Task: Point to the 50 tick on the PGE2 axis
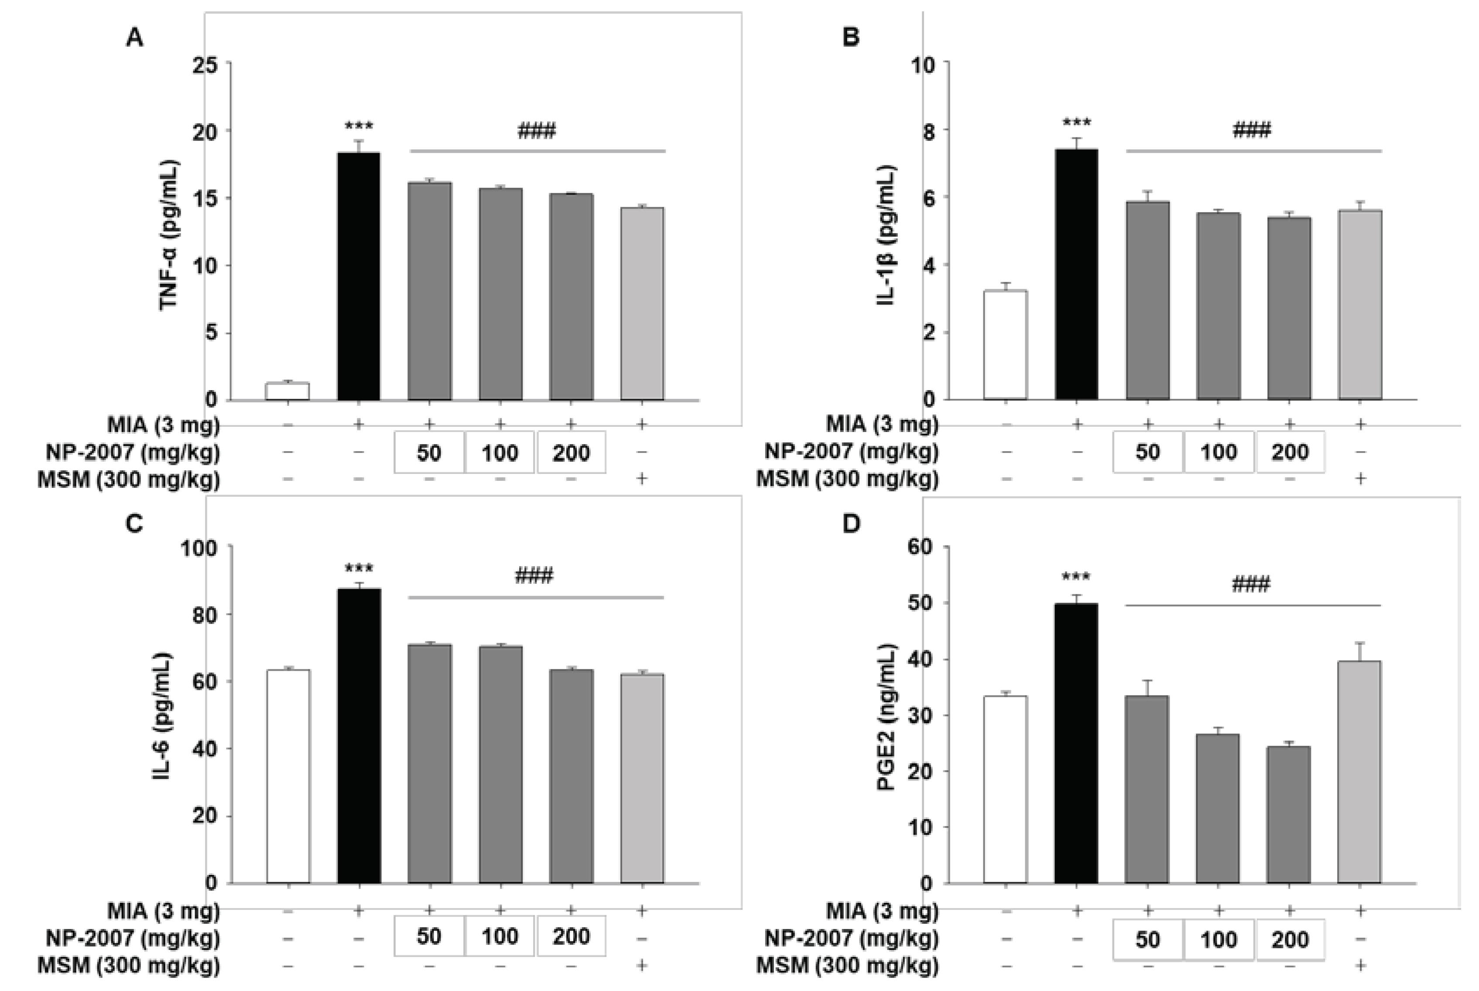(x=921, y=604)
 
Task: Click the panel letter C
(x=134, y=524)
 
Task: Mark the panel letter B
(x=851, y=38)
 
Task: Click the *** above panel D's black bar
(x=1076, y=578)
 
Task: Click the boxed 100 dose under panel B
(x=1218, y=452)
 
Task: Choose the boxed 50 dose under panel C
(x=429, y=936)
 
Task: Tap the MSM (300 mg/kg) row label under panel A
(x=129, y=480)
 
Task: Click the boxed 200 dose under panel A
(x=571, y=453)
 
